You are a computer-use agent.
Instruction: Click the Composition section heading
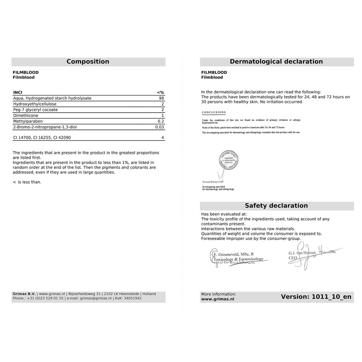(x=88, y=62)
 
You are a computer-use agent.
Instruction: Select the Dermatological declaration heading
(x=276, y=62)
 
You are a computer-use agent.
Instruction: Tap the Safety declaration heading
(x=276, y=205)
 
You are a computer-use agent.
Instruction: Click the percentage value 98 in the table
(x=161, y=98)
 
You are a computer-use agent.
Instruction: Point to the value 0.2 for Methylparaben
(x=160, y=122)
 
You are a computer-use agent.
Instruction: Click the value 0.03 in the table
(x=159, y=128)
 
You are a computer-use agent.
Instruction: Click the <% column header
(x=160, y=92)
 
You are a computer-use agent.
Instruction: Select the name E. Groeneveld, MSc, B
(x=233, y=254)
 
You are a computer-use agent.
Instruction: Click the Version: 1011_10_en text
(x=316, y=297)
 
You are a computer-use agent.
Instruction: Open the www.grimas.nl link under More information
(x=217, y=299)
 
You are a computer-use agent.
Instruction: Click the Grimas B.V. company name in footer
(x=24, y=294)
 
